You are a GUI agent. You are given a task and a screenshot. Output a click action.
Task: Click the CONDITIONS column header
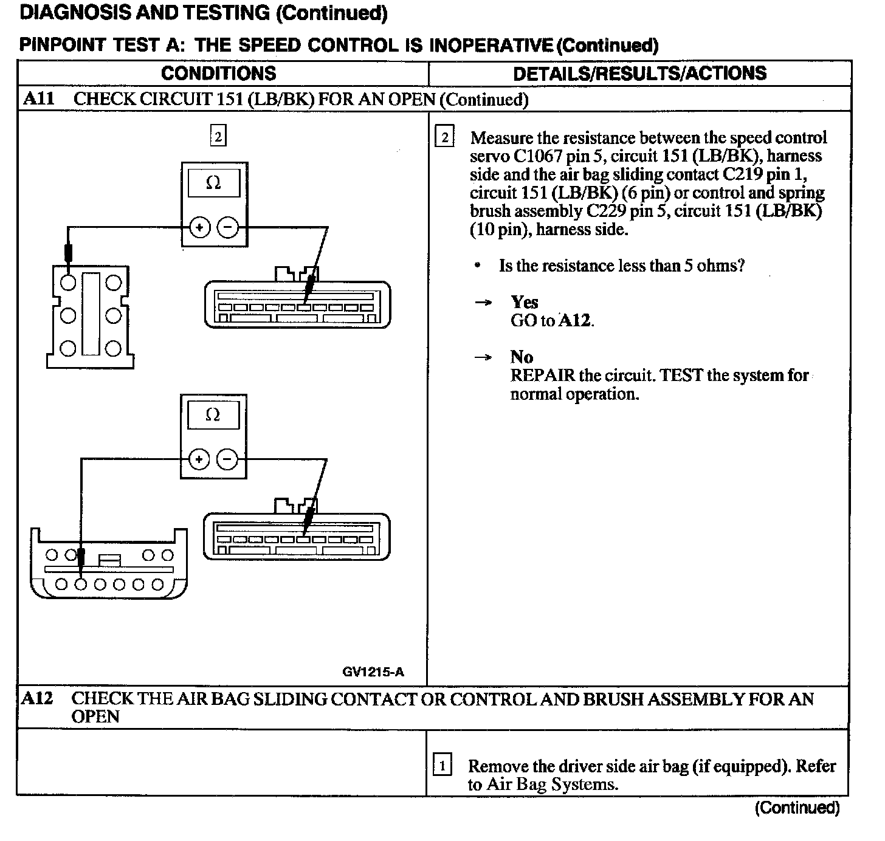[218, 74]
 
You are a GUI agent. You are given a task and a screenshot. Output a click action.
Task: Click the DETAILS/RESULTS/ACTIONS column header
[639, 74]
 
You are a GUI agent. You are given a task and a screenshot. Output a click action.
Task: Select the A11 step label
[38, 98]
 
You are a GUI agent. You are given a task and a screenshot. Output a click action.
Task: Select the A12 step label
[37, 698]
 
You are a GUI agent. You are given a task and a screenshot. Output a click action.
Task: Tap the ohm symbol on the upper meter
[213, 183]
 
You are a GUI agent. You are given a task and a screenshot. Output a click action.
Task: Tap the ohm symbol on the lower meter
[213, 415]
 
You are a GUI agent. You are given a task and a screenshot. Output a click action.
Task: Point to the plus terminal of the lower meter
[199, 459]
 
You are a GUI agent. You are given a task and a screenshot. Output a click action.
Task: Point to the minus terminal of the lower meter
[227, 459]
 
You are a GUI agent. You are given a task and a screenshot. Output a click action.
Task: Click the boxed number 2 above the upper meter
[218, 136]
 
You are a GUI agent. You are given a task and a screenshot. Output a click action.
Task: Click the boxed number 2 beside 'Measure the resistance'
[444, 137]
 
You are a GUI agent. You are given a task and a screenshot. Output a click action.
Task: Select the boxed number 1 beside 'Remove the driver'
[442, 766]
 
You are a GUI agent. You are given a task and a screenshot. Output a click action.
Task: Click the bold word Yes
[524, 302]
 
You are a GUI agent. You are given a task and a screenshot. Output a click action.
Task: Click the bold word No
[522, 357]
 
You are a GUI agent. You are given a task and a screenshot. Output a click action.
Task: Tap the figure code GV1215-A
[373, 671]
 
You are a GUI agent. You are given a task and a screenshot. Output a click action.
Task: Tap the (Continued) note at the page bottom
[797, 808]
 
